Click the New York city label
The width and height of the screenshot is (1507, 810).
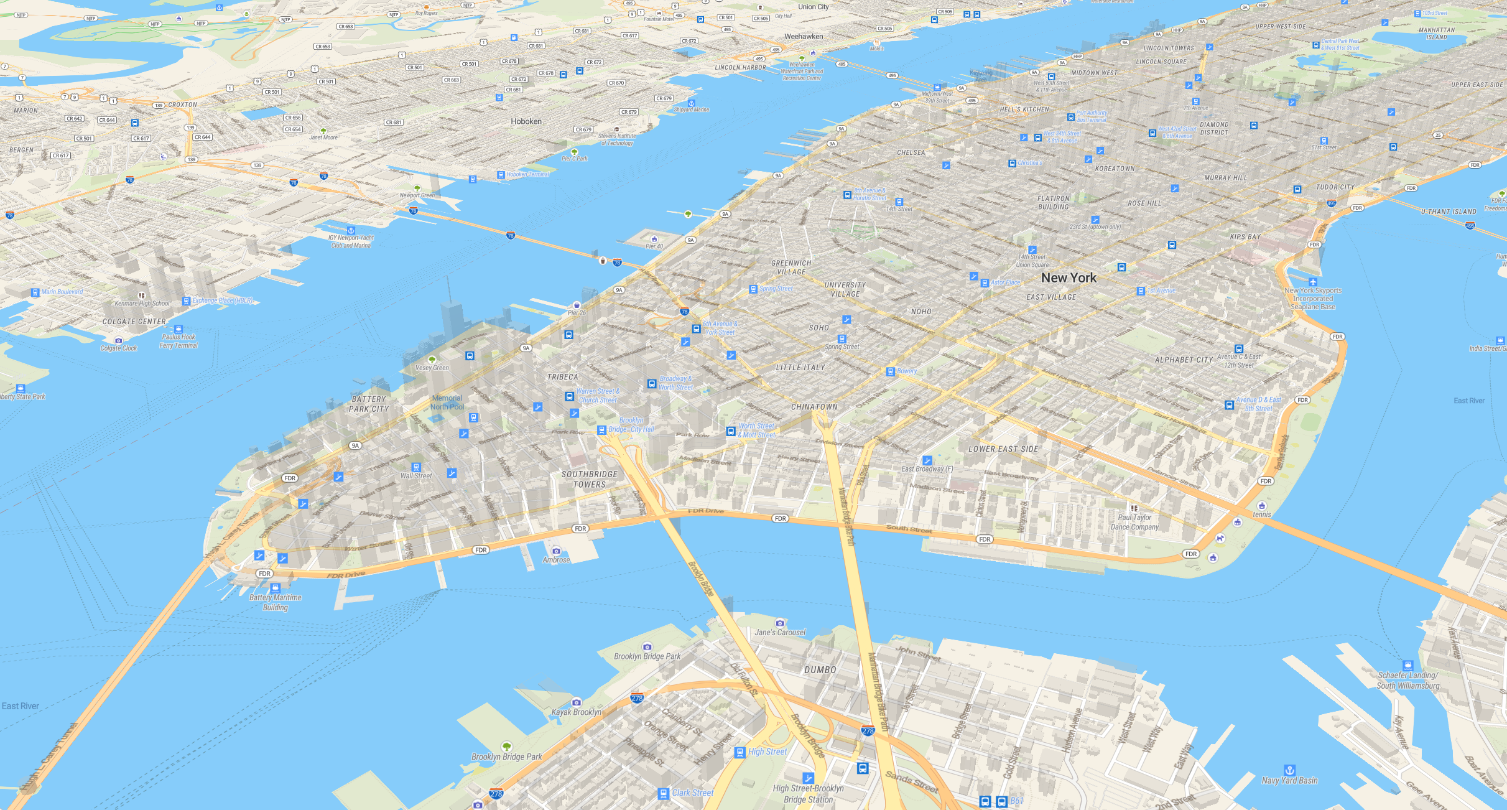point(1069,278)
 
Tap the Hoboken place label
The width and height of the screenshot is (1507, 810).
point(526,121)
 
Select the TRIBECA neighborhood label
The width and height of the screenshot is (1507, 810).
point(562,377)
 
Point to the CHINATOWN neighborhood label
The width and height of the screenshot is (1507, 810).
point(814,407)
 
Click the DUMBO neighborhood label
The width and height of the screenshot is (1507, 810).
point(820,670)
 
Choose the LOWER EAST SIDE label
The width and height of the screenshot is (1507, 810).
point(1003,449)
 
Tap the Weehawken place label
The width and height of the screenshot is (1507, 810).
point(803,37)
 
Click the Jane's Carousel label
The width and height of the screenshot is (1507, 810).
point(780,632)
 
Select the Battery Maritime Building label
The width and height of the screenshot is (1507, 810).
point(275,602)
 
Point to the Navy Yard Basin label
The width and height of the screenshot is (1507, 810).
point(1289,780)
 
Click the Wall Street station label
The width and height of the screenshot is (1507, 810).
point(416,476)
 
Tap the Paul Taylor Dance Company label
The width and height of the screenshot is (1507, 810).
point(1134,522)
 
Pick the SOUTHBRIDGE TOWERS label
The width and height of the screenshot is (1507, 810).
point(589,479)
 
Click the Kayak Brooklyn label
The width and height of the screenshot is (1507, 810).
point(576,712)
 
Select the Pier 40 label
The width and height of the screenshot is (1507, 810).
point(654,246)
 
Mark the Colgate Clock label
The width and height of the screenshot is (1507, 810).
point(119,348)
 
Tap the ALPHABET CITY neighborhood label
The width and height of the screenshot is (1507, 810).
point(1184,360)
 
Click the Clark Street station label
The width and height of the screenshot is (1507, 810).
point(692,793)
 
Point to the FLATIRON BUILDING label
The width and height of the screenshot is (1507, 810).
point(1053,203)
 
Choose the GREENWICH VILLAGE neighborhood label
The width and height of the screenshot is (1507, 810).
point(791,268)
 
